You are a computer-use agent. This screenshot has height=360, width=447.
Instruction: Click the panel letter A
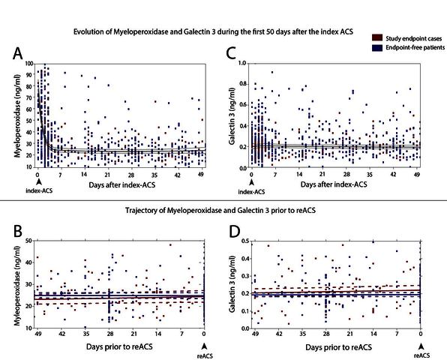pos(18,53)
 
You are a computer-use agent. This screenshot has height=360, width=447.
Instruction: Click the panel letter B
pos(17,231)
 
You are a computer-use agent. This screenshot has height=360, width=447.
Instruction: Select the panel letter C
pos(231,53)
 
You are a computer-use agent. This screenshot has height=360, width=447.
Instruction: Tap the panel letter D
pos(235,232)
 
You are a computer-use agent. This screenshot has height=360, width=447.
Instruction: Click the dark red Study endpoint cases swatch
pos(377,38)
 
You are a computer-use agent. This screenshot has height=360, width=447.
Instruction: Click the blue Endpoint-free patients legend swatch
pos(377,47)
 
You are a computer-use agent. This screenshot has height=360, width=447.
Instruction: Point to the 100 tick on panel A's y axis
pos(28,64)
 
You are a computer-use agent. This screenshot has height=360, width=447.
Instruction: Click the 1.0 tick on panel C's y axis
pos(242,63)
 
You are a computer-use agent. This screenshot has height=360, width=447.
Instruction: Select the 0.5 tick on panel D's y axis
pos(245,241)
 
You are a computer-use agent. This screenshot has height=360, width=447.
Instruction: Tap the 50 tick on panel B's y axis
pos(28,241)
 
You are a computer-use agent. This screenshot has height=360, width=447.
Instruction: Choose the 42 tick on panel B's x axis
pos(61,334)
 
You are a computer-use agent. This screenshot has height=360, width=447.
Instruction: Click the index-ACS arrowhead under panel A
pos(39,181)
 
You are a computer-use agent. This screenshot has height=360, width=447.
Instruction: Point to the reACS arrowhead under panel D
pos(421,346)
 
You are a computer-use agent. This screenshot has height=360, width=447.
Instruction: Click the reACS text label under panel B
pos(205,355)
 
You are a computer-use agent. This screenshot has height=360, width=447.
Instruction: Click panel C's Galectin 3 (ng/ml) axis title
pos(232,115)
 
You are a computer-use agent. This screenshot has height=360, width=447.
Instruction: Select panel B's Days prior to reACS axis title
pos(119,346)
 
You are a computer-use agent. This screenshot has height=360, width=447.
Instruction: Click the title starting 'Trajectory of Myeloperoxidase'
pos(220,210)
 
